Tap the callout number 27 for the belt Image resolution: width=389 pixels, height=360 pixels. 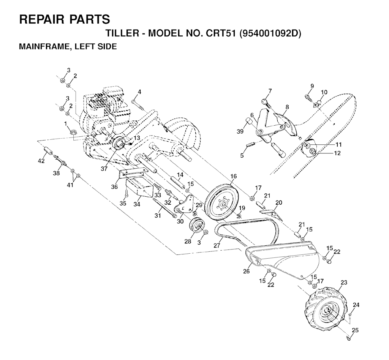217,245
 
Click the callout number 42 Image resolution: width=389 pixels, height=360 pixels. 41,161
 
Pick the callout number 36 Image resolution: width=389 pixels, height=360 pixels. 114,186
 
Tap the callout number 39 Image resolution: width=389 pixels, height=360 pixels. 239,131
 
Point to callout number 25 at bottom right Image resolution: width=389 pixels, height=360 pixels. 354,330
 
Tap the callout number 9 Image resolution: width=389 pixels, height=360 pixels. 312,86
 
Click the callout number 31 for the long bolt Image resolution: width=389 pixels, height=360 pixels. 158,216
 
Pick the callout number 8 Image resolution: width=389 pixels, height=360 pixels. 287,107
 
